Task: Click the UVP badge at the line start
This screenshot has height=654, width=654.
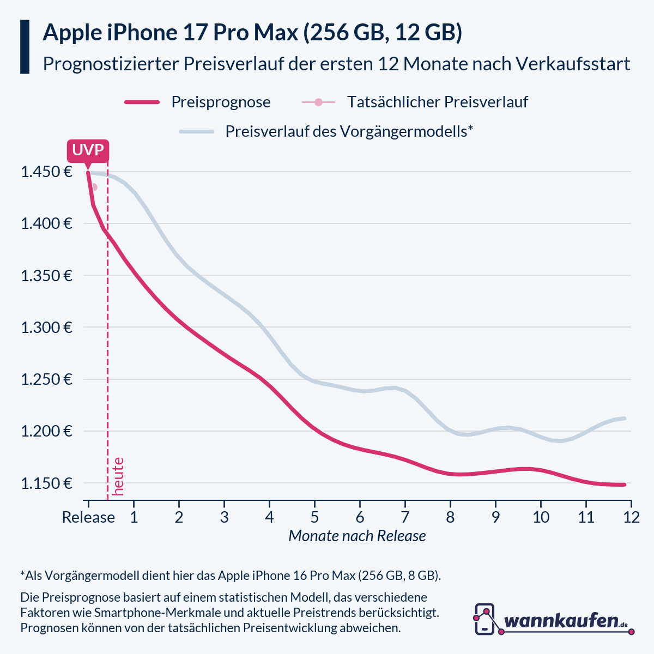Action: (88, 150)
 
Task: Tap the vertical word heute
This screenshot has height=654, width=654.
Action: (118, 476)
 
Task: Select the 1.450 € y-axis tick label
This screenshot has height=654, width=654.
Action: (46, 172)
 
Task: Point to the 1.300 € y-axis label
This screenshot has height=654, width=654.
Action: (46, 328)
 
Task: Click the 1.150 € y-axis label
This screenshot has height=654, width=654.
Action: (46, 483)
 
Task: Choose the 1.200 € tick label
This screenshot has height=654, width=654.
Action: (46, 432)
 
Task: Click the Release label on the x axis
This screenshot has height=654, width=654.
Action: (88, 517)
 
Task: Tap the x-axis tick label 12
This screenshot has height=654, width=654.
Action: (631, 517)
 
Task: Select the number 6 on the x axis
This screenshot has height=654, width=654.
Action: (360, 517)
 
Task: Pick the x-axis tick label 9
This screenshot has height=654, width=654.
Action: (495, 517)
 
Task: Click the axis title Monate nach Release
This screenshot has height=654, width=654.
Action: (357, 536)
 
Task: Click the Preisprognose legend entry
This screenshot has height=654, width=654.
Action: (221, 102)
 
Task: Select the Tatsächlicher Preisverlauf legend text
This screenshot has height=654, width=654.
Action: (437, 102)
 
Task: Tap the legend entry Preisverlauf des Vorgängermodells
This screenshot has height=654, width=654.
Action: (349, 131)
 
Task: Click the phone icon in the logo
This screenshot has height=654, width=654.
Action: (485, 619)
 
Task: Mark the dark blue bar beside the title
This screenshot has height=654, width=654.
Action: (25, 47)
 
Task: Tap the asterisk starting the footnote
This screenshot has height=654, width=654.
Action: (22, 573)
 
